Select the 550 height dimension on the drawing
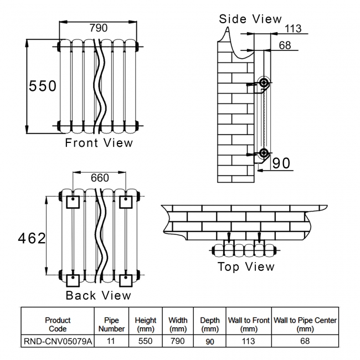coord(43,86)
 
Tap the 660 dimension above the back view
coord(100,178)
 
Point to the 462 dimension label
coord(32,239)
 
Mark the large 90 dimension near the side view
coord(281,163)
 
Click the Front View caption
coord(99,143)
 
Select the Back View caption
coord(99,295)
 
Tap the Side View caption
coord(250,19)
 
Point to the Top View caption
coord(245,267)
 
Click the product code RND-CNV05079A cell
coord(58,342)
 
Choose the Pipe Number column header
coord(111,325)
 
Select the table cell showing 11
coord(111,342)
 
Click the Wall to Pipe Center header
coord(305,325)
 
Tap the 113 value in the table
coord(249,342)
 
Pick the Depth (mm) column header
coord(210,325)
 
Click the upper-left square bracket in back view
coord(72,202)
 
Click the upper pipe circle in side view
coord(264,84)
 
